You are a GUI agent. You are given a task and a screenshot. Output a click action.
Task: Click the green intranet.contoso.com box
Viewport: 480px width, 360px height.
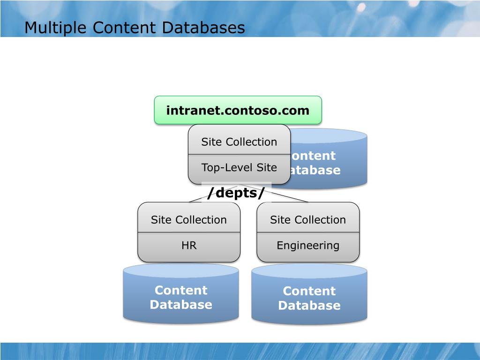(x=238, y=111)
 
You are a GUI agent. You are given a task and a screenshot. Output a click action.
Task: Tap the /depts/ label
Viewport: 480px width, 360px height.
(x=236, y=192)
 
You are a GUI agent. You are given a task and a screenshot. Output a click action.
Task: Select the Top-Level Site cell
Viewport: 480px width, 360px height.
(x=239, y=168)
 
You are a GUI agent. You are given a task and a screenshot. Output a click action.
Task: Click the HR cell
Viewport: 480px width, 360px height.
(x=189, y=246)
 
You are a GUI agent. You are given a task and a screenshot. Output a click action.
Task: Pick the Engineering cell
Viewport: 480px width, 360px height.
(x=308, y=246)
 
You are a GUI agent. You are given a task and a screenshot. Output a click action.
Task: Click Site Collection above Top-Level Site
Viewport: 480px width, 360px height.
(x=239, y=142)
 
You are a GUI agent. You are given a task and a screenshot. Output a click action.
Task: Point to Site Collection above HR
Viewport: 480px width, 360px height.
(x=189, y=219)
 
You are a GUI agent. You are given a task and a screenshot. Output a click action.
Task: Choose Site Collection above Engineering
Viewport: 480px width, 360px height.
(x=308, y=219)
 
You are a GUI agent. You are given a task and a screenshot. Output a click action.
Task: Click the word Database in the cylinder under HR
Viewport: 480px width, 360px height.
(x=181, y=305)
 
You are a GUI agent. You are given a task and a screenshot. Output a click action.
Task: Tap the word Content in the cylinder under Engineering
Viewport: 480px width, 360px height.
(x=309, y=291)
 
